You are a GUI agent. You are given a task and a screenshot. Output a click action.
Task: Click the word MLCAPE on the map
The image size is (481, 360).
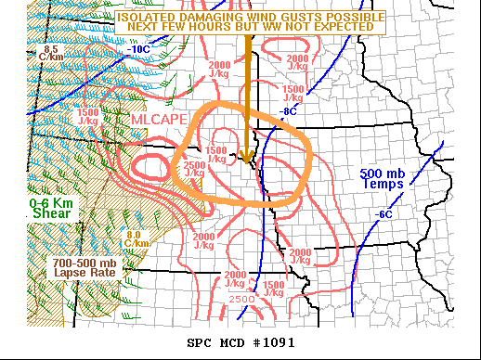159,121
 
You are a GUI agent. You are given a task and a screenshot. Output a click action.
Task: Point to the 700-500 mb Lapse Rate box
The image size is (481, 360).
83,266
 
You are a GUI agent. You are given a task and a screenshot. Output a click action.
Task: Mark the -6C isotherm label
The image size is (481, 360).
383,215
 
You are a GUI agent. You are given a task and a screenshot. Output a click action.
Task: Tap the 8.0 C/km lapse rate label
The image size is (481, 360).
136,239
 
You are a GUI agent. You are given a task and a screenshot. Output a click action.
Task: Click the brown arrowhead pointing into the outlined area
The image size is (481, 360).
247,155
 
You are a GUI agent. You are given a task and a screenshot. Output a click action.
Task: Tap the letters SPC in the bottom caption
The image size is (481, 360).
201,342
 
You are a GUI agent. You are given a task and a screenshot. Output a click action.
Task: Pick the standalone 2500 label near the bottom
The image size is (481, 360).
240,299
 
